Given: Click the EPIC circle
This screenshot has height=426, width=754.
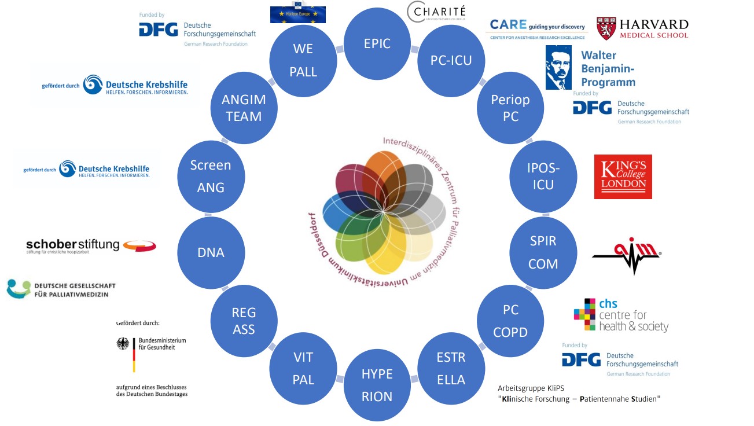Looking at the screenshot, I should (377, 43).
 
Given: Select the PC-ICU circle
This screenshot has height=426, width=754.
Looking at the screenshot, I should (451, 60).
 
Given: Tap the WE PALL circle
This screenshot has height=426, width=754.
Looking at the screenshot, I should (303, 60).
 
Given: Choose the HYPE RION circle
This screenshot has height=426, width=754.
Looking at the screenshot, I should (377, 385).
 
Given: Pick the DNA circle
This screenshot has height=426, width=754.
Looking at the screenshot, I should (211, 252).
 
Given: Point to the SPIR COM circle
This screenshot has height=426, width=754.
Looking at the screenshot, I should (543, 252).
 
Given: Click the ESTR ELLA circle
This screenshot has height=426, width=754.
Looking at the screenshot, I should (451, 369).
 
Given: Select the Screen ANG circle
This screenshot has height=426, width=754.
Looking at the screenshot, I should (211, 176).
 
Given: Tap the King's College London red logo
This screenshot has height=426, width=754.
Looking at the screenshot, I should (623, 177).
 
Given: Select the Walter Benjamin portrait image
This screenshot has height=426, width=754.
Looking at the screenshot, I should (558, 67).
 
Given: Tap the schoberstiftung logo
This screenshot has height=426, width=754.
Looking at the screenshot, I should (91, 245).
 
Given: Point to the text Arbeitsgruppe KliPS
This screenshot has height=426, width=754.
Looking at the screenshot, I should (531, 388).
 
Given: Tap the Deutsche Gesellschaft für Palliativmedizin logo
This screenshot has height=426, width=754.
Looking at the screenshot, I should (61, 289).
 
